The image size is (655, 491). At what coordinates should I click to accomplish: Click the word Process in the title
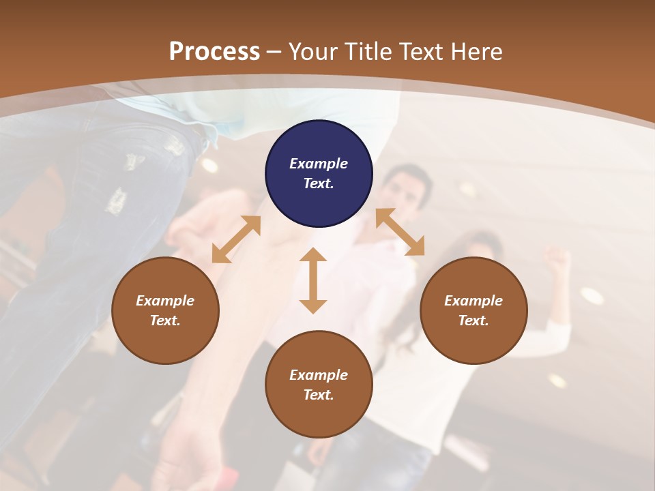click(214, 52)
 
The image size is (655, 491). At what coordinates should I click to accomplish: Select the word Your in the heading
click(311, 52)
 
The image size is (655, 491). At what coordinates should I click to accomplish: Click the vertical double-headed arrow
click(313, 280)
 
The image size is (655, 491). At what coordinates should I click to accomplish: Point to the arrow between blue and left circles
click(236, 239)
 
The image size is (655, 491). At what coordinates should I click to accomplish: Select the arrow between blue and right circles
click(400, 232)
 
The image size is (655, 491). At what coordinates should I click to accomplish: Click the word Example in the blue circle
click(319, 164)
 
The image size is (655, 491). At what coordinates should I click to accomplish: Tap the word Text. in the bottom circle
click(319, 395)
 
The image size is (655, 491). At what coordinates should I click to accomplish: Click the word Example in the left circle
click(165, 301)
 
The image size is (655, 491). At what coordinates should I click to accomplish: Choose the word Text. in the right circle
click(474, 321)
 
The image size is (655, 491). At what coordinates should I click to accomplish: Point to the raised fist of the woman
click(556, 259)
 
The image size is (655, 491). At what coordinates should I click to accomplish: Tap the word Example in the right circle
click(474, 301)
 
